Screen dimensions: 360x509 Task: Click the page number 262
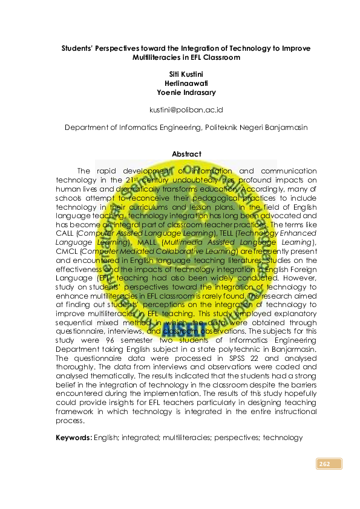click(324, 464)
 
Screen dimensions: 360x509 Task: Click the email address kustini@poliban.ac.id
click(186, 110)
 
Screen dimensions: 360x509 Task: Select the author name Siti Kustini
click(186, 73)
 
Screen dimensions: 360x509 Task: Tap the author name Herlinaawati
click(186, 82)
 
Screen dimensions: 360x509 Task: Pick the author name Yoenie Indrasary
click(186, 92)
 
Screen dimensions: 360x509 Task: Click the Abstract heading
click(186, 154)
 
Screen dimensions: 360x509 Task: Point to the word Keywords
click(73, 437)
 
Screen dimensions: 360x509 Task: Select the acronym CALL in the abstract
click(64, 232)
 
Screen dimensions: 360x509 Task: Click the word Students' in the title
click(83, 48)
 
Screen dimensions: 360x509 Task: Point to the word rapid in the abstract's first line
click(108, 172)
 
